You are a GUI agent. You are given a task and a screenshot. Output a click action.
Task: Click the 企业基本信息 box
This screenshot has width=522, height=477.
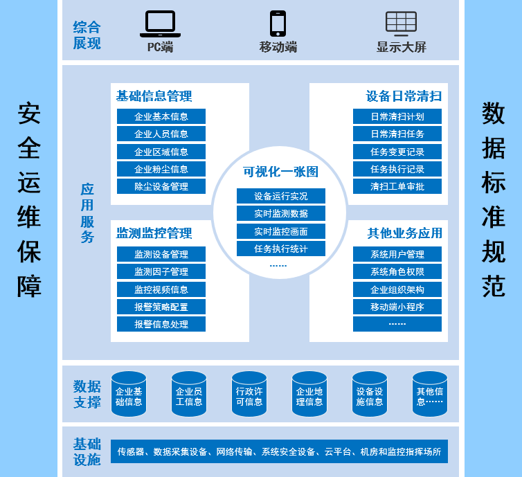pyautogui.click(x=161, y=116)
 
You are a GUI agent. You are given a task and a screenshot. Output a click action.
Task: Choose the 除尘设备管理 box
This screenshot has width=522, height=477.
pyautogui.click(x=161, y=186)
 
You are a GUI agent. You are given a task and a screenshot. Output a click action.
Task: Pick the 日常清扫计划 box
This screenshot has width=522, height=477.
pyautogui.click(x=397, y=116)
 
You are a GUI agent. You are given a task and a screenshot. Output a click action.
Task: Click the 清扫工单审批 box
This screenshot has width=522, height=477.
pyautogui.click(x=397, y=186)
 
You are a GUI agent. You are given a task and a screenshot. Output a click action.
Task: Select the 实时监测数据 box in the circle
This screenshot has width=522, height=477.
pyautogui.click(x=280, y=213)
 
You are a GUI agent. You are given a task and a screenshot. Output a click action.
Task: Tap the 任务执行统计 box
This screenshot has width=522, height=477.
pyautogui.click(x=280, y=249)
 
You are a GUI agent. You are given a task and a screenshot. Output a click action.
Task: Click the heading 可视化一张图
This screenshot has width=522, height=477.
pyautogui.click(x=280, y=172)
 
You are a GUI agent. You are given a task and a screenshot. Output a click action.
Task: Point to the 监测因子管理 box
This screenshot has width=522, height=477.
pyautogui.click(x=161, y=271)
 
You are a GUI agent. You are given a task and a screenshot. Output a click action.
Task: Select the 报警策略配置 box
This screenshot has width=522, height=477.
pyautogui.click(x=161, y=307)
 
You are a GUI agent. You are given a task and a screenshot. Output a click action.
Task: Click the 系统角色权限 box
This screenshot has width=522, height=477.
pyautogui.click(x=397, y=271)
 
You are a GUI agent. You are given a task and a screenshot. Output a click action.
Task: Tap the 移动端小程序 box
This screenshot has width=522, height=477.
pyautogui.click(x=397, y=307)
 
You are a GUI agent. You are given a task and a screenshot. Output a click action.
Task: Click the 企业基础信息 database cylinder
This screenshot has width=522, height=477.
pyautogui.click(x=129, y=395)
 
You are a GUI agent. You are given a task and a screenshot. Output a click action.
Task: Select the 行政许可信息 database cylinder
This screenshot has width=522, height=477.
pyautogui.click(x=249, y=395)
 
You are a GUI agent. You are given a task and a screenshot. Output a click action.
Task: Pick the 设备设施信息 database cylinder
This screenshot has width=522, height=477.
pyautogui.click(x=370, y=395)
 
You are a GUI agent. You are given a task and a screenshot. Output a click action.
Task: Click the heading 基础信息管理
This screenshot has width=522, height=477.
pyautogui.click(x=154, y=96)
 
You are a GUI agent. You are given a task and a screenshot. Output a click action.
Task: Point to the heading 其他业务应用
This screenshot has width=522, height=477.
pyautogui.click(x=404, y=233)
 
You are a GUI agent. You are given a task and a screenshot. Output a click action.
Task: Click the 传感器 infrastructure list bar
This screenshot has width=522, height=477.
pyautogui.click(x=279, y=451)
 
